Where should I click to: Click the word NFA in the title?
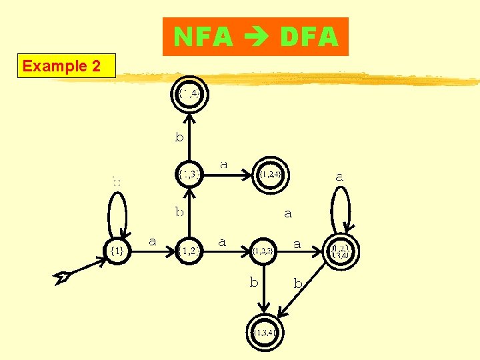click(203, 37)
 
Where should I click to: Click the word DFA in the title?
click(309, 37)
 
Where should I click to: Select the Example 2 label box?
click(67, 66)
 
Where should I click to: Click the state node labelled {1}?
click(117, 250)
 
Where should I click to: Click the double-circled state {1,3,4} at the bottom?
click(265, 331)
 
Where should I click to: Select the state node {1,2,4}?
click(272, 175)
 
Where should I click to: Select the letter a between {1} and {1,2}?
click(152, 241)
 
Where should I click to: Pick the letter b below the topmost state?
click(179, 138)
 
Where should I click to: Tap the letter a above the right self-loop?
click(339, 177)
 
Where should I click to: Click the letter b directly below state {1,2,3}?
click(254, 282)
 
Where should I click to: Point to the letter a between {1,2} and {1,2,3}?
click(222, 241)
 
